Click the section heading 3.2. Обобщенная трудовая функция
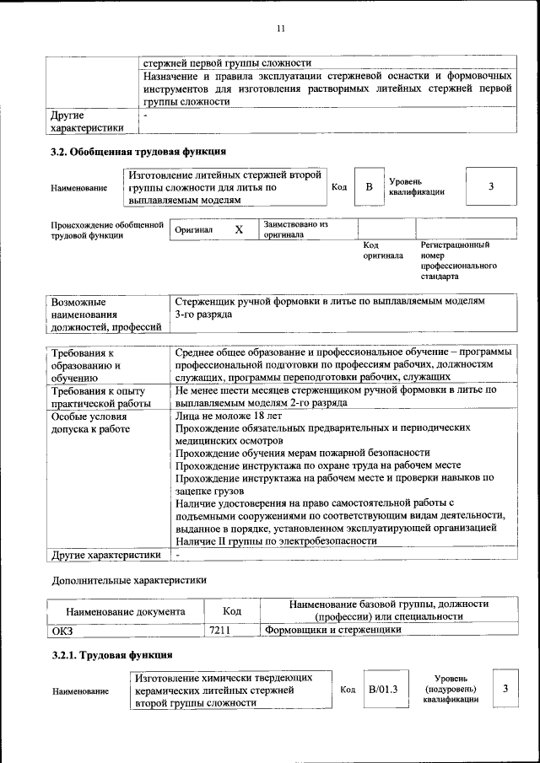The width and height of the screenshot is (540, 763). (x=138, y=152)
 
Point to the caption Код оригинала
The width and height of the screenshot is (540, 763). (x=377, y=250)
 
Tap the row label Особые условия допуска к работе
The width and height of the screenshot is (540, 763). (x=90, y=423)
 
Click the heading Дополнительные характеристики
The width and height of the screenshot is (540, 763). (x=129, y=580)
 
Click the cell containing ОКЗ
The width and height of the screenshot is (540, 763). (x=64, y=630)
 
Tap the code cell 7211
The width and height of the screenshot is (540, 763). (x=219, y=630)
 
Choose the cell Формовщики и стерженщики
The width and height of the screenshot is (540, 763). (x=333, y=630)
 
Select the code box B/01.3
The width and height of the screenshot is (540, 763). (x=383, y=690)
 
